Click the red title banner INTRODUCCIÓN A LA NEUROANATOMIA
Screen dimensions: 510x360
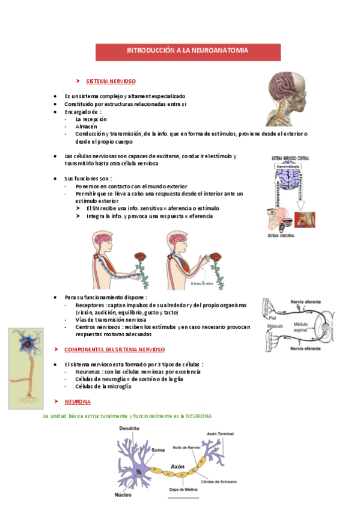pos(187,51)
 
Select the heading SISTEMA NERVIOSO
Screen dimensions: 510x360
pos(111,81)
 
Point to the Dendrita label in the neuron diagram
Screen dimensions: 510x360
pos(129,428)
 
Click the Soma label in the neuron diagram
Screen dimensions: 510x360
pos(158,450)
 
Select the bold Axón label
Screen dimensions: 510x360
pos(177,466)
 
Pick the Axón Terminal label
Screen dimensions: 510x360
pos(219,433)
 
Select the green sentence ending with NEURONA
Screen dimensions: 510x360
pos(127,416)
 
